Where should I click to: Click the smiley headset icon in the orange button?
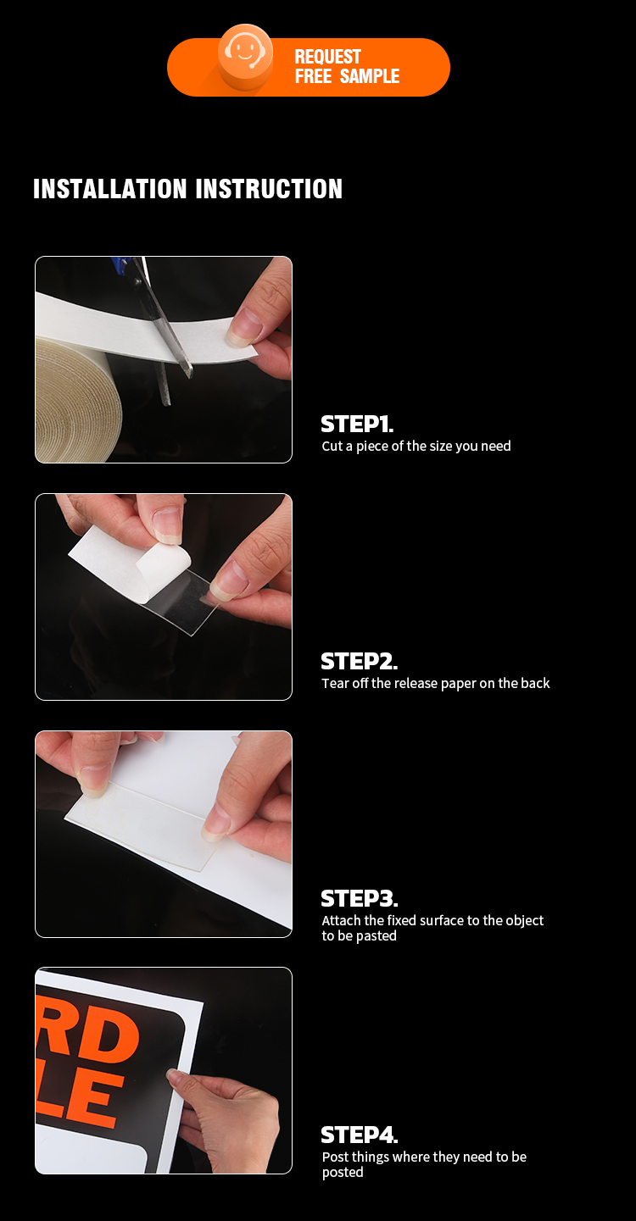click(x=245, y=53)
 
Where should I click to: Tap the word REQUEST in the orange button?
click(x=328, y=57)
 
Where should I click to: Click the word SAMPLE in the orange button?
click(x=370, y=75)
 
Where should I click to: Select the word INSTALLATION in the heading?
click(x=110, y=189)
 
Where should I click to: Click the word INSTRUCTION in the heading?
click(x=269, y=189)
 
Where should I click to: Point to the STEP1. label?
click(x=357, y=424)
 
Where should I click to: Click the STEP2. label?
click(x=359, y=661)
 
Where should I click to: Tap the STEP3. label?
click(x=359, y=898)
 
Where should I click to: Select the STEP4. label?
click(x=359, y=1135)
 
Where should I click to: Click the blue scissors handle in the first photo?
click(x=120, y=264)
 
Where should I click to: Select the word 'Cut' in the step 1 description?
click(x=332, y=446)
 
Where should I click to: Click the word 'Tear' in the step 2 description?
click(x=336, y=683)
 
